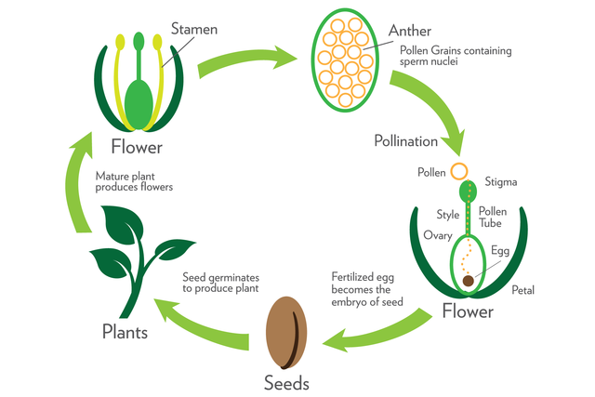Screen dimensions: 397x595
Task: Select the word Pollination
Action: coord(405,141)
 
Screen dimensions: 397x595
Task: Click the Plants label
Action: coord(128,331)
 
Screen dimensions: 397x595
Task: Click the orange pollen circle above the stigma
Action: coord(458,171)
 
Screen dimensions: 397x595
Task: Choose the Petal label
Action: coord(522,290)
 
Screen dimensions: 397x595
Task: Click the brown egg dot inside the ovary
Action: coord(468,279)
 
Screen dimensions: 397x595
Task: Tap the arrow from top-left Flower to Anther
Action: coord(246,60)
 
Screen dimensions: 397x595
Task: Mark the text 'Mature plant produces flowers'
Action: coord(134,180)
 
